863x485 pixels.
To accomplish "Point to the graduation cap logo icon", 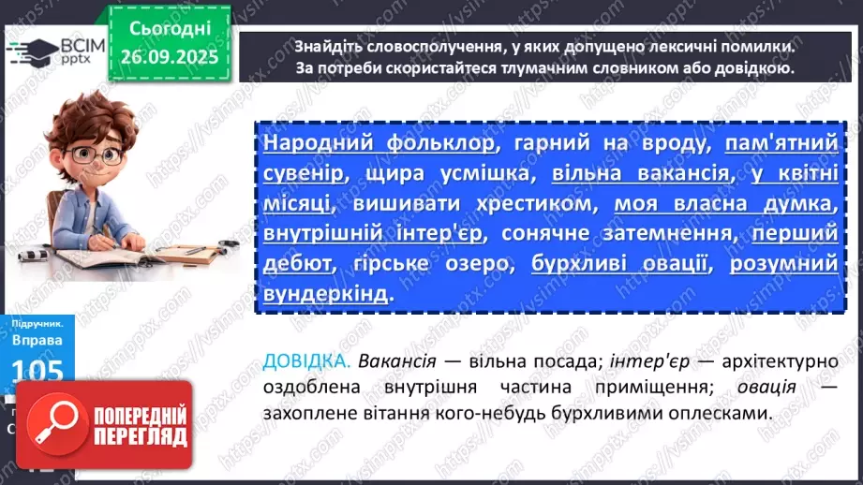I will click(x=29, y=51).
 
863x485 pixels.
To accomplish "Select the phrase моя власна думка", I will click(x=723, y=203).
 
